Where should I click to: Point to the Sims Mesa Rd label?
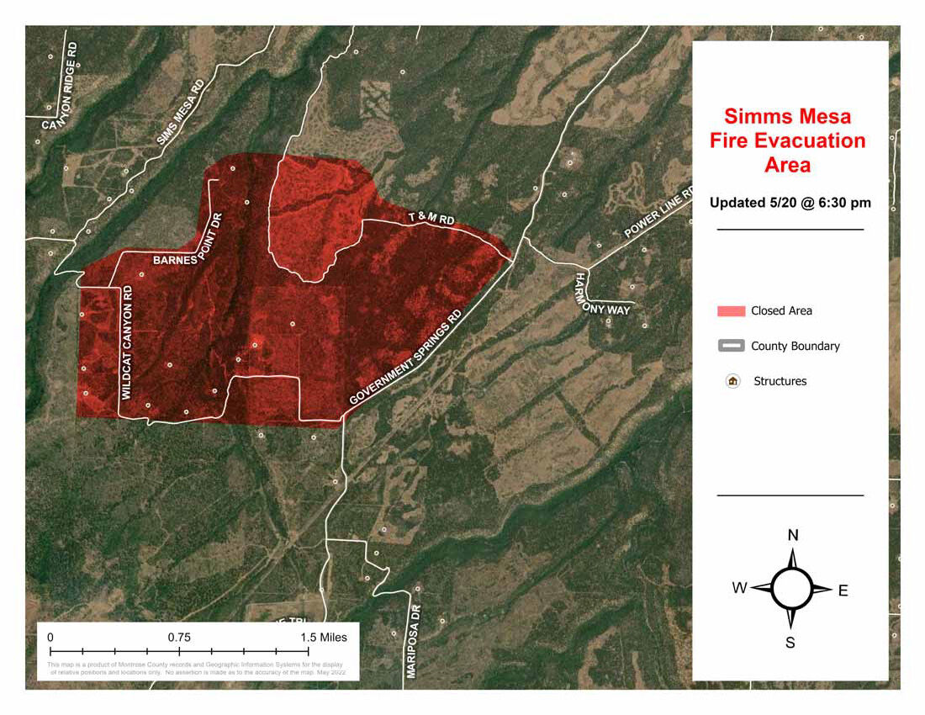(180, 113)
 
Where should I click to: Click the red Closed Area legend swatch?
(731, 311)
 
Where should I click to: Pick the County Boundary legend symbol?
(731, 346)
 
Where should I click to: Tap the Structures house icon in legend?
(732, 381)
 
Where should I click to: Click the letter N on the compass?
(792, 536)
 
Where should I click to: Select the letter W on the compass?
(739, 588)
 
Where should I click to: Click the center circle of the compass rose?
(791, 588)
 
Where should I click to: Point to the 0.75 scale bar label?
(178, 637)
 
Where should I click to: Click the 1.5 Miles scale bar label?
(324, 637)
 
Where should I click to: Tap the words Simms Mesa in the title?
(788, 116)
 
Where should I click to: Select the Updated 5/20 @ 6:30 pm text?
(790, 203)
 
